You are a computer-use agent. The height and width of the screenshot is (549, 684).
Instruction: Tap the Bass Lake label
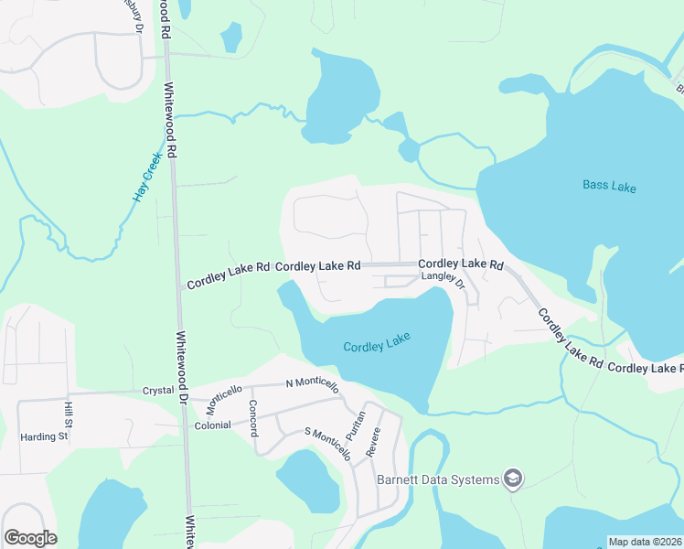coord(609,187)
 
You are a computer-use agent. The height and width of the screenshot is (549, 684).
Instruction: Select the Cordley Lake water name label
coord(377,343)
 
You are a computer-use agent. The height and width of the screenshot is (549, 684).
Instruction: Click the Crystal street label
coord(158,390)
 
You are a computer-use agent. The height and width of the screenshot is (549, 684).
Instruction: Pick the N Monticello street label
coord(312,383)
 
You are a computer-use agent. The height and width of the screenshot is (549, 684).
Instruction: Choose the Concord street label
coord(255,415)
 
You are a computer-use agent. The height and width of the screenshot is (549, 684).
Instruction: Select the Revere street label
coord(373,443)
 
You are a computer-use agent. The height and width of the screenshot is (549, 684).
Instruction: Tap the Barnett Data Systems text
coord(438,479)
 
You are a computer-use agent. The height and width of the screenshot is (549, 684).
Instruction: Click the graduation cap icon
coord(514,479)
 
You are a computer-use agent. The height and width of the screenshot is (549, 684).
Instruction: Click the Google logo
coord(30,538)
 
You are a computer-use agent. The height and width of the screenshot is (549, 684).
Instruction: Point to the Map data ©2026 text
coord(644,542)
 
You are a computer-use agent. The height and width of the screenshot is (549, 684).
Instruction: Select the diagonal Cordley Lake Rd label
coord(570,338)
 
